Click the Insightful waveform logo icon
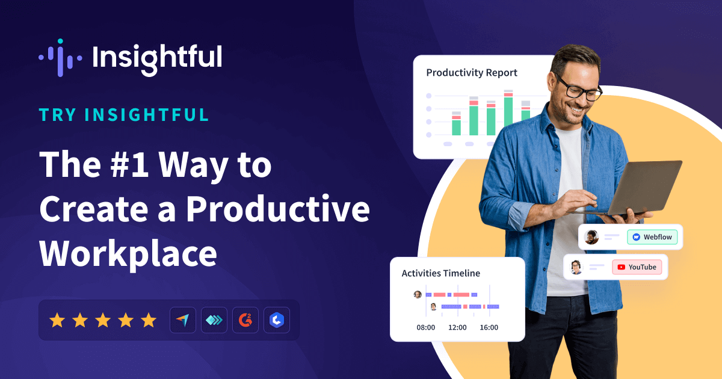[59, 58]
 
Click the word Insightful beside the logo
[157, 58]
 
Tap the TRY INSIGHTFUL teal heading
[124, 115]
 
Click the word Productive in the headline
[277, 209]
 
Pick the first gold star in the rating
[57, 320]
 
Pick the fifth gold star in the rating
[148, 320]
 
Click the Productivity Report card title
[472, 73]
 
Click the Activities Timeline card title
[441, 273]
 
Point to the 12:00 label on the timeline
[457, 328]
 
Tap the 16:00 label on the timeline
[489, 328]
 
